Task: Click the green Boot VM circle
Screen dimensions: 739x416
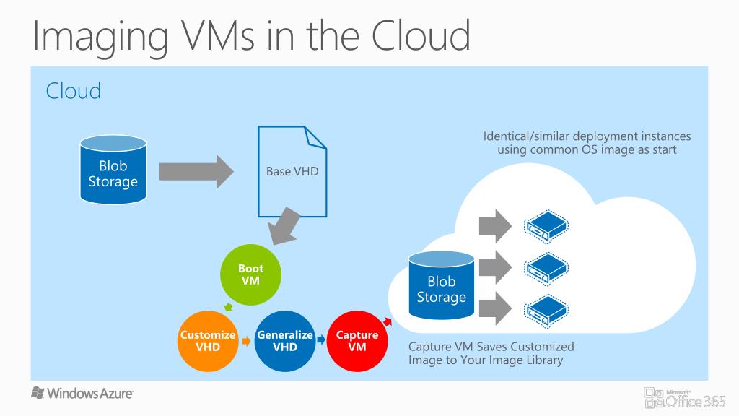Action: coord(250,274)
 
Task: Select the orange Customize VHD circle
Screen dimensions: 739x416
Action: coord(208,341)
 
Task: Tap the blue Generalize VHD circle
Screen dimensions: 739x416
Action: coord(284,341)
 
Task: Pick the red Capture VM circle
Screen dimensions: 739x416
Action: coord(357,341)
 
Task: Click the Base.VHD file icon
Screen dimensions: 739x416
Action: coord(292,172)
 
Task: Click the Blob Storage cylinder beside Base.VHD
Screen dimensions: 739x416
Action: coord(113,170)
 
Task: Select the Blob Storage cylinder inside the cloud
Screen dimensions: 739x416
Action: coord(442,285)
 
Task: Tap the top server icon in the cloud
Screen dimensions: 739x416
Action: coord(546,226)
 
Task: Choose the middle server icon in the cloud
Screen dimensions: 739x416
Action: coord(546,269)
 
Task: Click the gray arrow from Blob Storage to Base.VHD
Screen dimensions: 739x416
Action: coord(196,172)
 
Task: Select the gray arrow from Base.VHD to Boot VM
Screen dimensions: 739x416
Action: coord(284,227)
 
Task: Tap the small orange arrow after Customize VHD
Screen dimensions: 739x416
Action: coord(247,341)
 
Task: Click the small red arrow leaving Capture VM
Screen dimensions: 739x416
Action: coord(388,321)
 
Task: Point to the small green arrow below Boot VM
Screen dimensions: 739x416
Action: coord(229,308)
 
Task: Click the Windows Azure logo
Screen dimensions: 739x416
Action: coord(82,393)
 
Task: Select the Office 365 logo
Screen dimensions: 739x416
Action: coord(685,398)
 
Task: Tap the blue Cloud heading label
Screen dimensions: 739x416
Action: coord(74,90)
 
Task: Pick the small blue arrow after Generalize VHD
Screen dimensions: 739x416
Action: coord(321,339)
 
